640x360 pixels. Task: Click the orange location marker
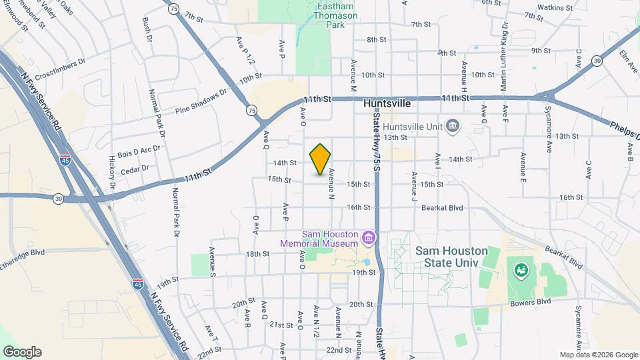tap(321, 159)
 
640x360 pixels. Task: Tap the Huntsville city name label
tap(387, 105)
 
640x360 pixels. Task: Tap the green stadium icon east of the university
tap(520, 271)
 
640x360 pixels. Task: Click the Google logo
tap(22, 352)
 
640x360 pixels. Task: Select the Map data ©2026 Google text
tap(598, 355)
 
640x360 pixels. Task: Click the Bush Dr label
tap(147, 30)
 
